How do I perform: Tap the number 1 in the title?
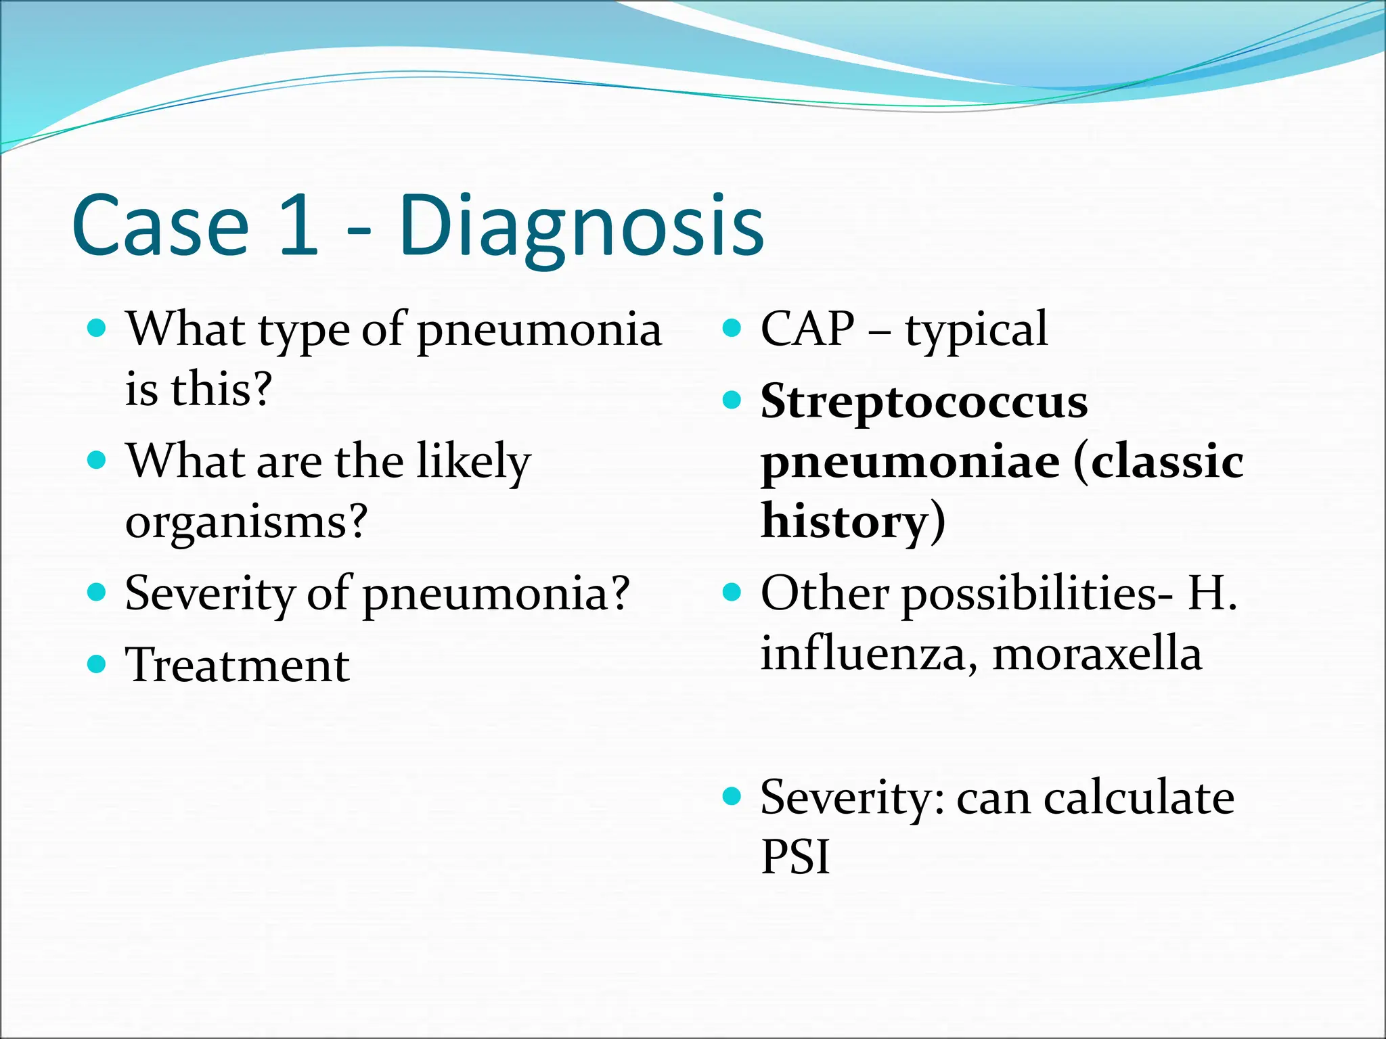point(298,227)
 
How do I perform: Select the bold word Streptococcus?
point(924,402)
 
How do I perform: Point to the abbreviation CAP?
point(807,329)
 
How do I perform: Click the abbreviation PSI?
point(795,857)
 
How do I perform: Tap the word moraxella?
point(1097,654)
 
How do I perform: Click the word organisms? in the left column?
point(246,522)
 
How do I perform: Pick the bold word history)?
point(853,522)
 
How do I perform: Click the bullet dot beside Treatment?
point(97,664)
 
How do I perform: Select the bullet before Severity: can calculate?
point(732,796)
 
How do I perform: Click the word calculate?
point(1138,798)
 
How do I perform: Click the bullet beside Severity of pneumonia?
point(97,593)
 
